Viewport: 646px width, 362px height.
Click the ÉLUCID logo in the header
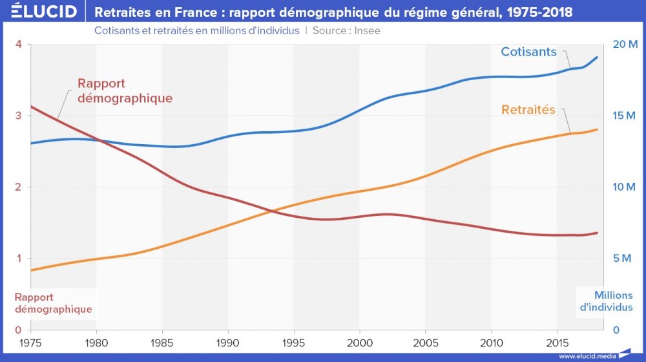click(x=40, y=12)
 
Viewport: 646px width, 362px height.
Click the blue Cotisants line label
click(x=528, y=52)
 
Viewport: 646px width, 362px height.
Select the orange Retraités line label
click(x=528, y=110)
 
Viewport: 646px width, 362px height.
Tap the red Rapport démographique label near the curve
click(x=125, y=91)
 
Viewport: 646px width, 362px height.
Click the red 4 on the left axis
click(x=19, y=44)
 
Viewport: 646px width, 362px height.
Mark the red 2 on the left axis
click(x=19, y=187)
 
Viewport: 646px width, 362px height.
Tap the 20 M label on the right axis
click(x=625, y=44)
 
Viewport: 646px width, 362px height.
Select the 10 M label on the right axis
click(x=625, y=187)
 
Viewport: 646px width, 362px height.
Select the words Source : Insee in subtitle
click(x=346, y=30)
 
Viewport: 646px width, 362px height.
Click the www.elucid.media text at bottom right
click(x=587, y=356)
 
